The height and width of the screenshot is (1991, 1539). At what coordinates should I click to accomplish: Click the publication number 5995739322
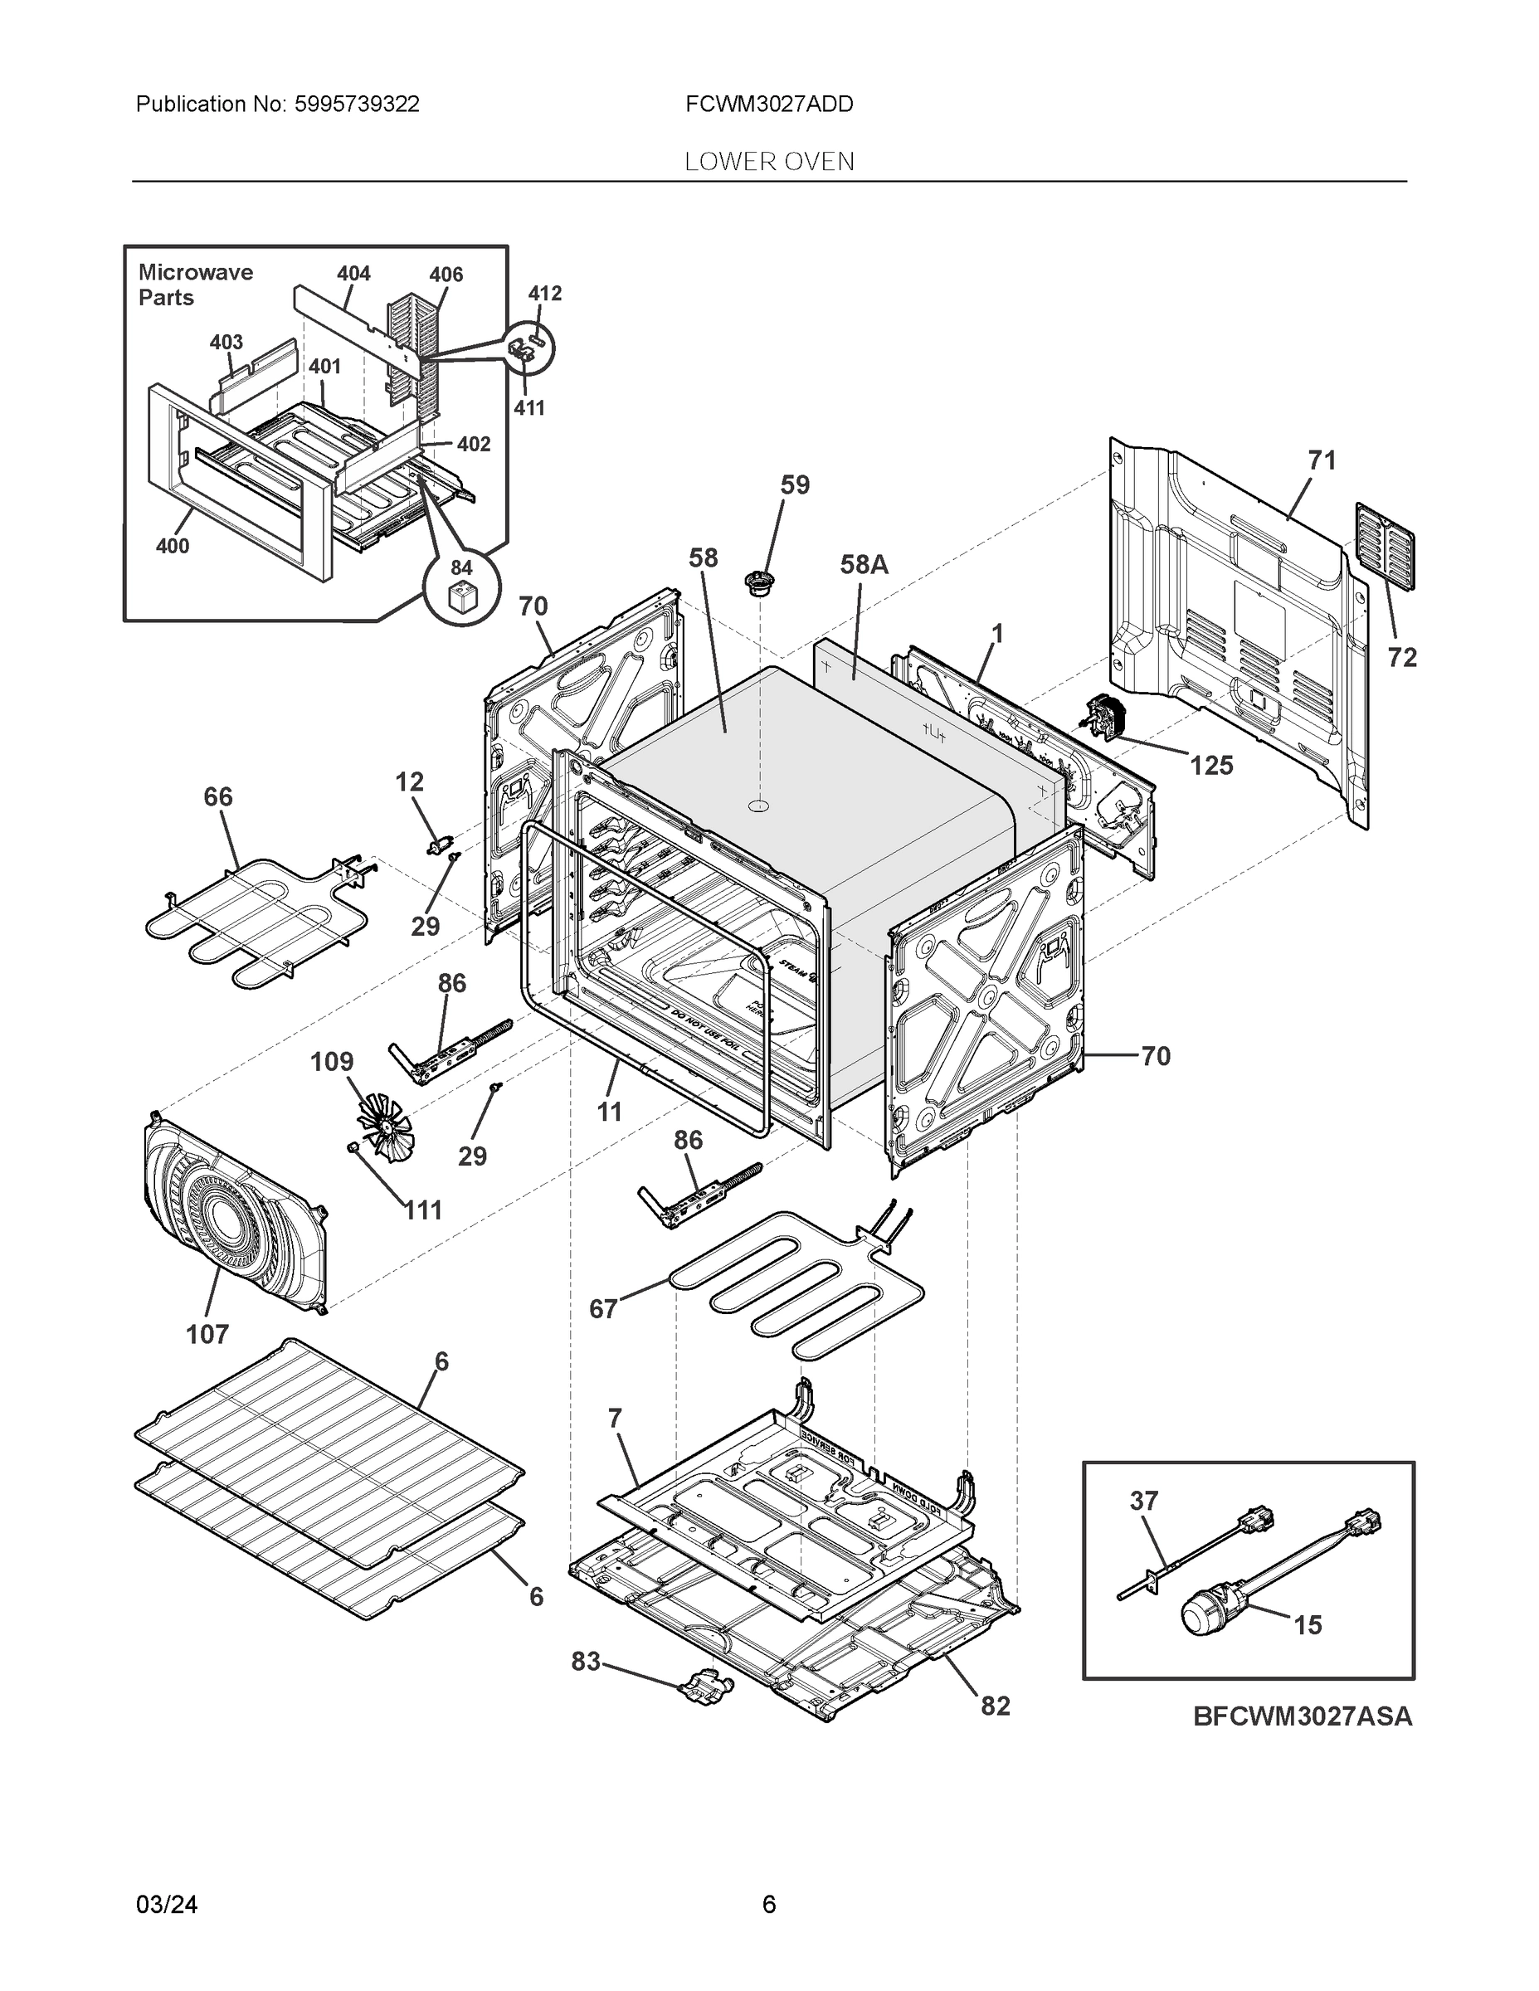pos(357,105)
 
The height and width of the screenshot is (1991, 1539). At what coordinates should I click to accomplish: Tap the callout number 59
pos(795,485)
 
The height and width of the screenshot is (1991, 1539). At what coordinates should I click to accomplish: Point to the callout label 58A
pos(864,565)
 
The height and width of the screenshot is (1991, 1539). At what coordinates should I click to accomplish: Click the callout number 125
pos(1210,766)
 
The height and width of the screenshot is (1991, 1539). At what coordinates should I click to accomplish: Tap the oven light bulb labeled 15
pos(1204,1616)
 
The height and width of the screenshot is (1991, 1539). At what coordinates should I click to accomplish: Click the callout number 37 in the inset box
pos(1143,1502)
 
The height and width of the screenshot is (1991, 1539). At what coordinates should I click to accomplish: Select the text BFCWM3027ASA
pos(1302,1716)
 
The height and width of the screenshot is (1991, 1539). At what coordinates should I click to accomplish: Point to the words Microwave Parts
pos(195,285)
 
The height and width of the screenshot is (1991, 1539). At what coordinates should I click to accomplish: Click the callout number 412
pos(545,294)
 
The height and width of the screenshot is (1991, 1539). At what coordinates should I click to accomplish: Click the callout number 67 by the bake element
pos(602,1309)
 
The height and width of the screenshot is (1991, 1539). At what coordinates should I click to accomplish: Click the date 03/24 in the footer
pos(166,1905)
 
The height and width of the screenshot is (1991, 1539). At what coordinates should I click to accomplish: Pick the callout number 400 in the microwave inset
pos(173,546)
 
